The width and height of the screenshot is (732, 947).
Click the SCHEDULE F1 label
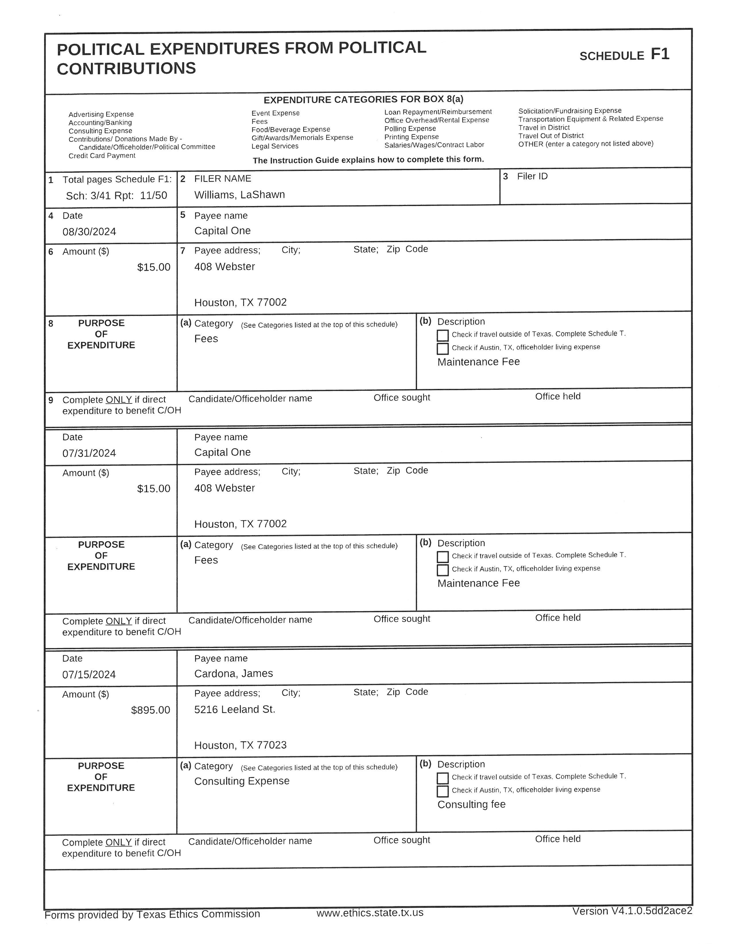click(624, 55)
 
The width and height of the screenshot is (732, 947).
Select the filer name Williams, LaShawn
click(239, 195)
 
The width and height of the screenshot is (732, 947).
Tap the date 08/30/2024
click(89, 232)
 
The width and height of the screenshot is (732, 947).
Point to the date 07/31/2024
click(89, 453)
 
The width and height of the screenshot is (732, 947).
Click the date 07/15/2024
click(89, 674)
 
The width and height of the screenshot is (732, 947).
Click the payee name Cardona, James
click(233, 674)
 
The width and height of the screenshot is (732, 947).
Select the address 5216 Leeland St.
click(235, 709)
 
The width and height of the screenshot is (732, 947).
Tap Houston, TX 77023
click(240, 745)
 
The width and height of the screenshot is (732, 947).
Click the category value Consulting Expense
click(241, 781)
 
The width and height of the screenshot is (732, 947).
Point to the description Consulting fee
click(471, 804)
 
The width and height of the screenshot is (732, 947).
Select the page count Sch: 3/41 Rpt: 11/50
click(116, 195)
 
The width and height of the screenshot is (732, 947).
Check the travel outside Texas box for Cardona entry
click(442, 778)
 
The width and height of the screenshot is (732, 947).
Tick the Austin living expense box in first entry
click(442, 349)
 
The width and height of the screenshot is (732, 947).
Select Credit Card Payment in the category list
click(102, 156)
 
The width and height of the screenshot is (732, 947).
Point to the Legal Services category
click(275, 146)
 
